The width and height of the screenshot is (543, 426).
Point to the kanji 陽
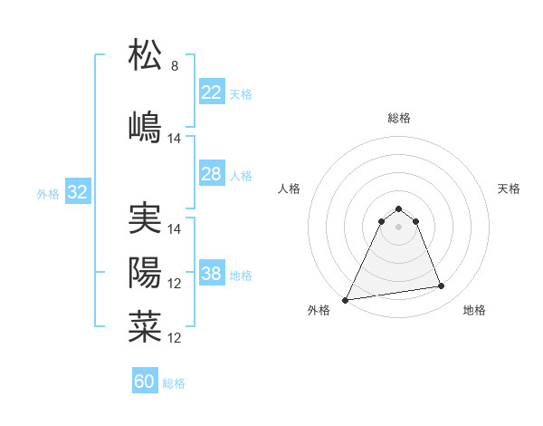[x=145, y=272]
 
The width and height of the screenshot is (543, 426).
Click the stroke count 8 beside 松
[x=175, y=66]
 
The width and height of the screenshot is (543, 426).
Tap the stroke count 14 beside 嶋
[x=175, y=139]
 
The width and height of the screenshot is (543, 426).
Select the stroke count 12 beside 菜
[x=175, y=338]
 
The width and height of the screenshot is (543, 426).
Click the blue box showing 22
[x=212, y=92]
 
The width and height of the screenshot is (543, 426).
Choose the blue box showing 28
[x=212, y=174]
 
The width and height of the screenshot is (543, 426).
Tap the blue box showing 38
[x=212, y=274]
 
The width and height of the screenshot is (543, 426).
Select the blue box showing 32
[x=77, y=192]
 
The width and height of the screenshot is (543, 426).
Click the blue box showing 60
[x=145, y=382]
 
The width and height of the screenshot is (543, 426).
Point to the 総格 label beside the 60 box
[x=174, y=383]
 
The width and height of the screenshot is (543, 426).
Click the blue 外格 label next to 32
[x=48, y=193]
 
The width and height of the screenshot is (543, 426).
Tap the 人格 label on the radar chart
[x=290, y=189]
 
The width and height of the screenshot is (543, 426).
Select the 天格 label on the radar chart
[x=509, y=189]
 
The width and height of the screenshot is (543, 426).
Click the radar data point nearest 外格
[x=346, y=299]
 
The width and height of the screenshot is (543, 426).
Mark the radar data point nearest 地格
[x=442, y=286]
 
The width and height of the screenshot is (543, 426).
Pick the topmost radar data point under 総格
[x=398, y=208]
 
